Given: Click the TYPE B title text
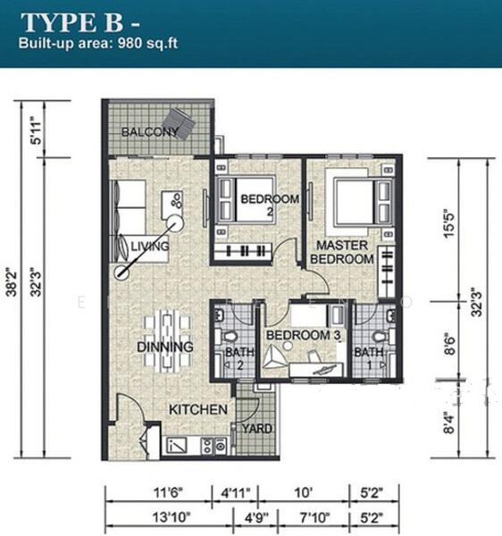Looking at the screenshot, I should (74, 22).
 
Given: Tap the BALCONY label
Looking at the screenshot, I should (150, 132).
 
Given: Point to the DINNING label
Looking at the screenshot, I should (165, 346).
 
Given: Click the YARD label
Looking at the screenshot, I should (258, 428).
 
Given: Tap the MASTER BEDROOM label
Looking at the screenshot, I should (342, 251).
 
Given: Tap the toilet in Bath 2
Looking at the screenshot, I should (229, 336).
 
